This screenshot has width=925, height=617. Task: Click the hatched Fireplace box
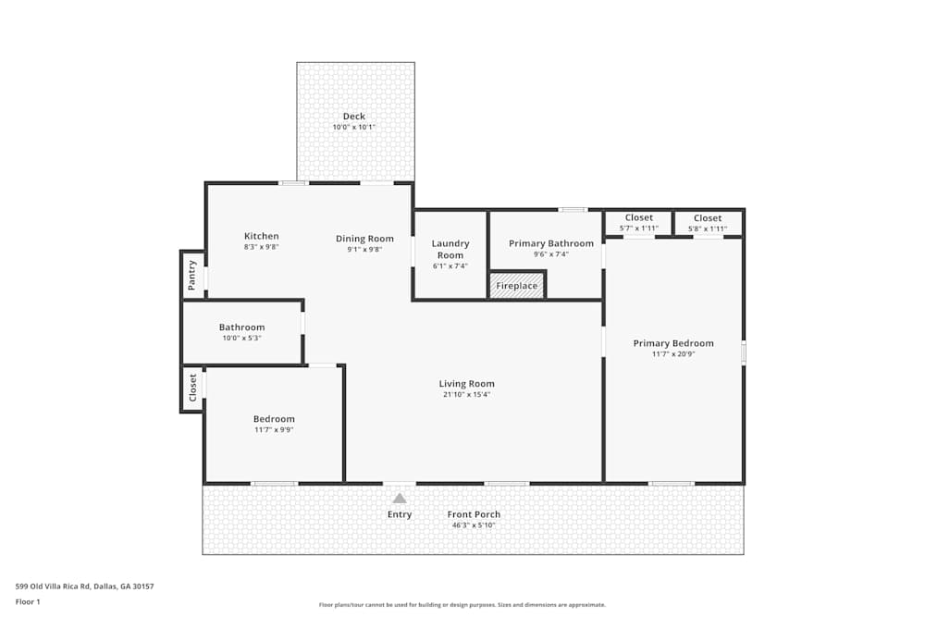coord(517,286)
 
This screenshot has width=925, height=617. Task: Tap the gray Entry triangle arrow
coord(400,499)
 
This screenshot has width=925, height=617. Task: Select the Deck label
coord(354,117)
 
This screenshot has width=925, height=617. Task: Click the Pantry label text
coord(192,276)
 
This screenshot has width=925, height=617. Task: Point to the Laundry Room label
coord(450,249)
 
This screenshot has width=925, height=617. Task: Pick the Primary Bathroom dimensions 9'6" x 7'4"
coord(551,254)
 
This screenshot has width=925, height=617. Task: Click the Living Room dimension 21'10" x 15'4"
coord(466,395)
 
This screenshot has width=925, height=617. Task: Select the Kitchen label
coord(261,236)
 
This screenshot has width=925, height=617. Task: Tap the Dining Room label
coord(364,239)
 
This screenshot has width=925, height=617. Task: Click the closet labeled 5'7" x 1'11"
coord(638,223)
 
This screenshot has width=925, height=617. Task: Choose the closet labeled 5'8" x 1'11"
coord(708,223)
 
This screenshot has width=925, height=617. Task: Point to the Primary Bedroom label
coord(673,343)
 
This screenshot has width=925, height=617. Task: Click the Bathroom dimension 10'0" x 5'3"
coord(241,339)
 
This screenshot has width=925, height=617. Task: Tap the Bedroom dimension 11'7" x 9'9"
coord(274,430)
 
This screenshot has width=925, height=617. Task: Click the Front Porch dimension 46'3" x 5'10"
coord(474,525)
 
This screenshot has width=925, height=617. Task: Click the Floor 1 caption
coord(28,601)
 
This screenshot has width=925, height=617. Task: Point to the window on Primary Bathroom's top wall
coord(573,210)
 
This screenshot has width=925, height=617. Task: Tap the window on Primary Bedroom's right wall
coord(744,352)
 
